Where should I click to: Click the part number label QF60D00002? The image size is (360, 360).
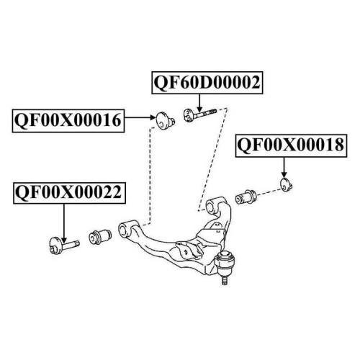coord(207,83)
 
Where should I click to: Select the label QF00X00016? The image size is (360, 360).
coord(68,120)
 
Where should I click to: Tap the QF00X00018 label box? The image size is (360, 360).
coord(291,145)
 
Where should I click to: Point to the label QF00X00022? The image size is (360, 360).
coord(69,193)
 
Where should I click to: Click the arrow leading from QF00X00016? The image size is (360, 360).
coord(140,117)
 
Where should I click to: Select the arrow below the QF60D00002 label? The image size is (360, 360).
coord(199,103)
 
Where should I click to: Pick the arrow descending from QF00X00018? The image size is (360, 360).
coord(284,168)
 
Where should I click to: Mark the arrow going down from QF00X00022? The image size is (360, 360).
coord(64,223)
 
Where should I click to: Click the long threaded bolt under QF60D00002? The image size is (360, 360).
coord(199,114)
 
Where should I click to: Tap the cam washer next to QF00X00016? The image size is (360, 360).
coord(165,120)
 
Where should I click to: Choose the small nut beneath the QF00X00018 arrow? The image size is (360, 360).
coord(287,185)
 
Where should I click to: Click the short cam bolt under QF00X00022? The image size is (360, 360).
coord(63,246)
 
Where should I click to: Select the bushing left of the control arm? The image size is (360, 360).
coord(100,237)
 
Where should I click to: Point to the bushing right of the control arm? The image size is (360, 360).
coord(246,197)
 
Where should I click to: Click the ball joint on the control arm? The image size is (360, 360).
coord(225,263)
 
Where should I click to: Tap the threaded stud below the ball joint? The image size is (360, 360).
coord(225,281)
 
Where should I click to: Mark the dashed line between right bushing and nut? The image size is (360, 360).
coord(269,192)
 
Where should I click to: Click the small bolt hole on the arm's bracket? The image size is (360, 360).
coord(186,251)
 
